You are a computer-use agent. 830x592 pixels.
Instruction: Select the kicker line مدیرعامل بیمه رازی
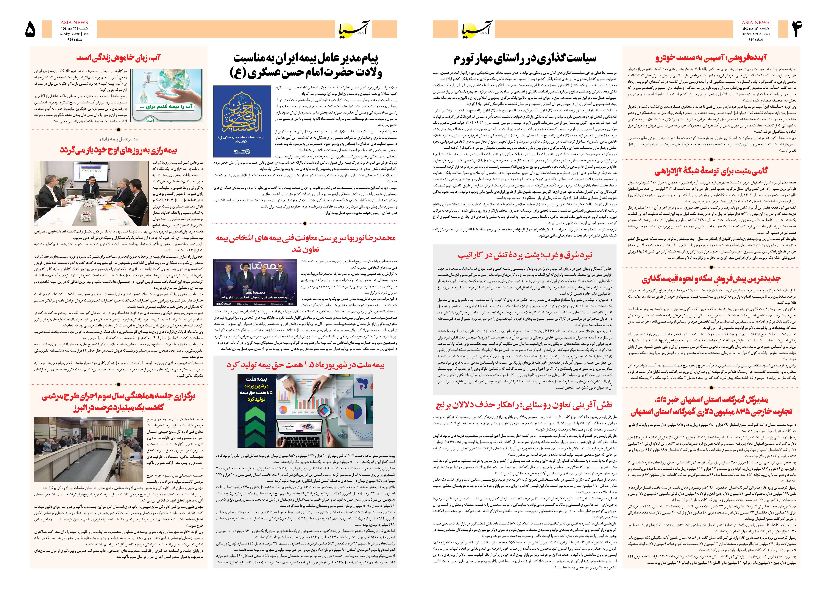point(119,139)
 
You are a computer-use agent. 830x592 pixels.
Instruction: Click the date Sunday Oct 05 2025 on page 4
point(756,34)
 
